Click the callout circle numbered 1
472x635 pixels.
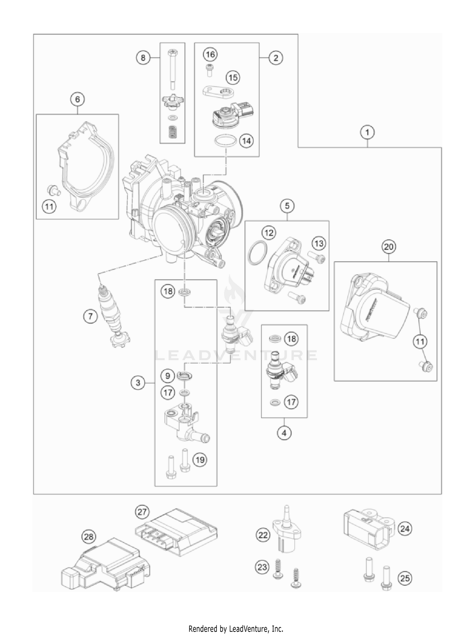click(x=367, y=132)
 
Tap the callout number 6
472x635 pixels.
click(x=77, y=99)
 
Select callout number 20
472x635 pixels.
click(x=389, y=247)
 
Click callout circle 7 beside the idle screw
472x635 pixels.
click(x=91, y=316)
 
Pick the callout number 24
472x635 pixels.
click(x=405, y=529)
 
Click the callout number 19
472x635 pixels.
click(x=200, y=460)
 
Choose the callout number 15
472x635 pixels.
click(x=233, y=77)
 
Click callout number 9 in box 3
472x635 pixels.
click(x=168, y=376)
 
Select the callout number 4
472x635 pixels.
click(x=284, y=433)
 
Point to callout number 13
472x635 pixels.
click(x=318, y=244)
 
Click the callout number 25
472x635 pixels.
click(x=405, y=578)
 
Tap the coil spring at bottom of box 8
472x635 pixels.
click(x=172, y=131)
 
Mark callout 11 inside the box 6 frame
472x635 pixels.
click(x=49, y=207)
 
